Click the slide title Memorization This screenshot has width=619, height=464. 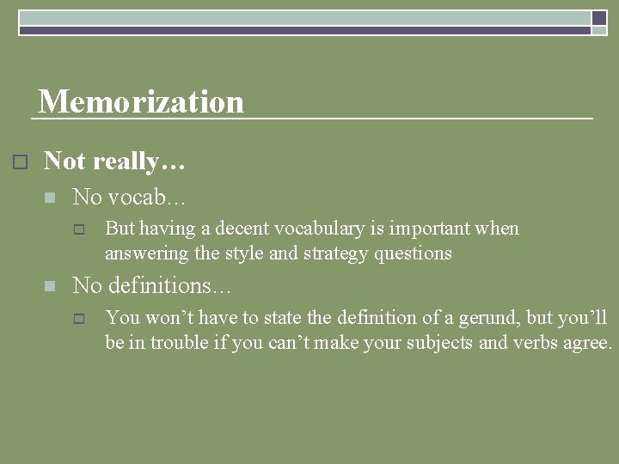tap(141, 101)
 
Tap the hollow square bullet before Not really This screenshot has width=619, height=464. tap(21, 162)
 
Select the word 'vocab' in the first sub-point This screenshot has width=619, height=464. tap(138, 197)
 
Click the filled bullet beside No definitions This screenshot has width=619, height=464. tap(49, 285)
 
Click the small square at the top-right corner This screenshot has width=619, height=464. tap(599, 17)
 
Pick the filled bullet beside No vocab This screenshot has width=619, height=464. tap(49, 198)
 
